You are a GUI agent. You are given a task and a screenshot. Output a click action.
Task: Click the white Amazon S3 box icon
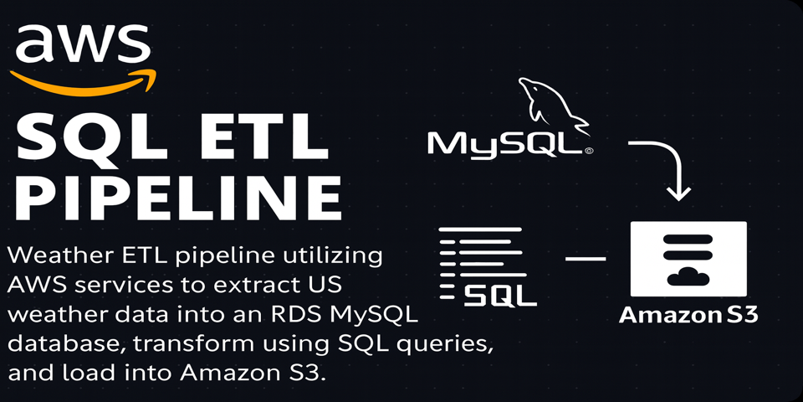point(688,259)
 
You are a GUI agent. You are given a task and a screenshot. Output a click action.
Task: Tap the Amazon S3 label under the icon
point(688,316)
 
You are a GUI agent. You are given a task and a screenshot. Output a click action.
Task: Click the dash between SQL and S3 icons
point(585,259)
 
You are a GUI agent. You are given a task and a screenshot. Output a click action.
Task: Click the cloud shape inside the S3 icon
point(688,277)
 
